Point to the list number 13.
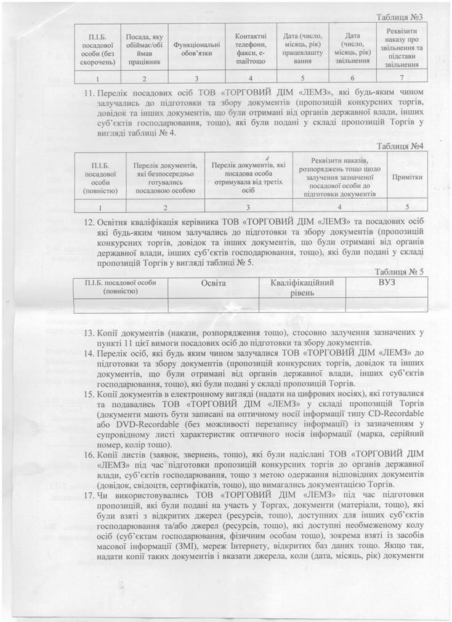(x=89, y=333)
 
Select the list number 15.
(x=89, y=392)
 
